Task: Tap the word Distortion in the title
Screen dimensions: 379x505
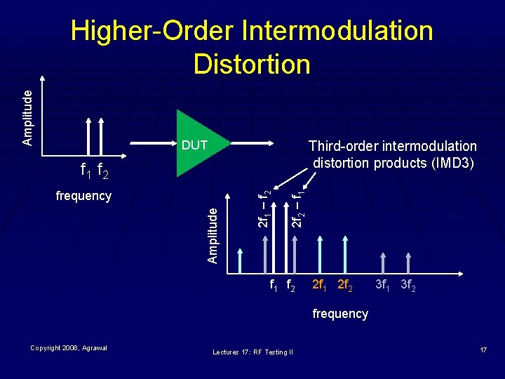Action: coord(252,64)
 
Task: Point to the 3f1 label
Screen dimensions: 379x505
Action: coord(383,286)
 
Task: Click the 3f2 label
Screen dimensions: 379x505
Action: coord(408,286)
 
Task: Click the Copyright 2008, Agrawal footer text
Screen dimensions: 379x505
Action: coord(68,348)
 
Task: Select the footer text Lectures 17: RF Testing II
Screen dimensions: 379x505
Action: coord(252,352)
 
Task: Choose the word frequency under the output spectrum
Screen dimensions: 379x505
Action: coord(340,314)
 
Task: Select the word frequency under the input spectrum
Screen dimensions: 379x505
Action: coord(83,196)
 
